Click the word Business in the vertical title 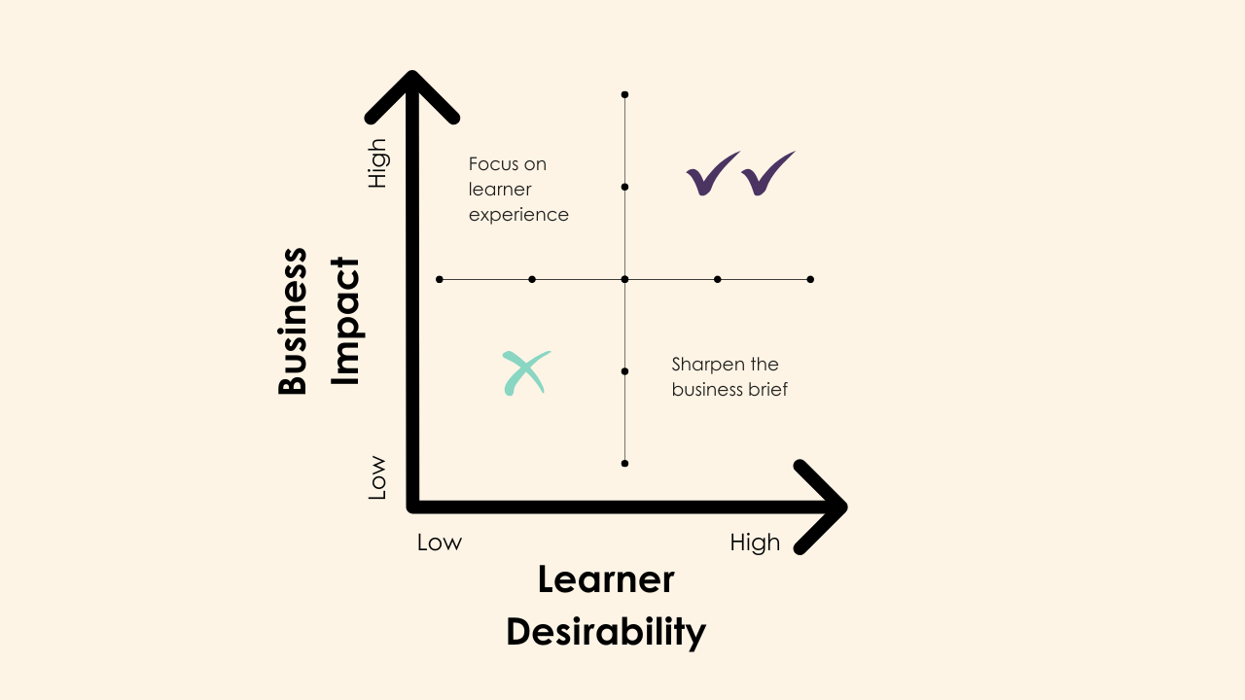[x=293, y=322]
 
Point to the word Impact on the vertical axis [x=345, y=322]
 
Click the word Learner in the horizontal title [x=605, y=580]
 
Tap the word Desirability [x=605, y=632]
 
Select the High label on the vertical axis [x=376, y=163]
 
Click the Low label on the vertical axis [x=376, y=478]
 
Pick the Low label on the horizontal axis [x=440, y=542]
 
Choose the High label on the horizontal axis [x=755, y=542]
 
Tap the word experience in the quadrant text [x=518, y=215]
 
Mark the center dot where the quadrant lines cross [x=624, y=279]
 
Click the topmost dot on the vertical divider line [x=624, y=94]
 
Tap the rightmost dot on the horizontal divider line [x=810, y=279]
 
